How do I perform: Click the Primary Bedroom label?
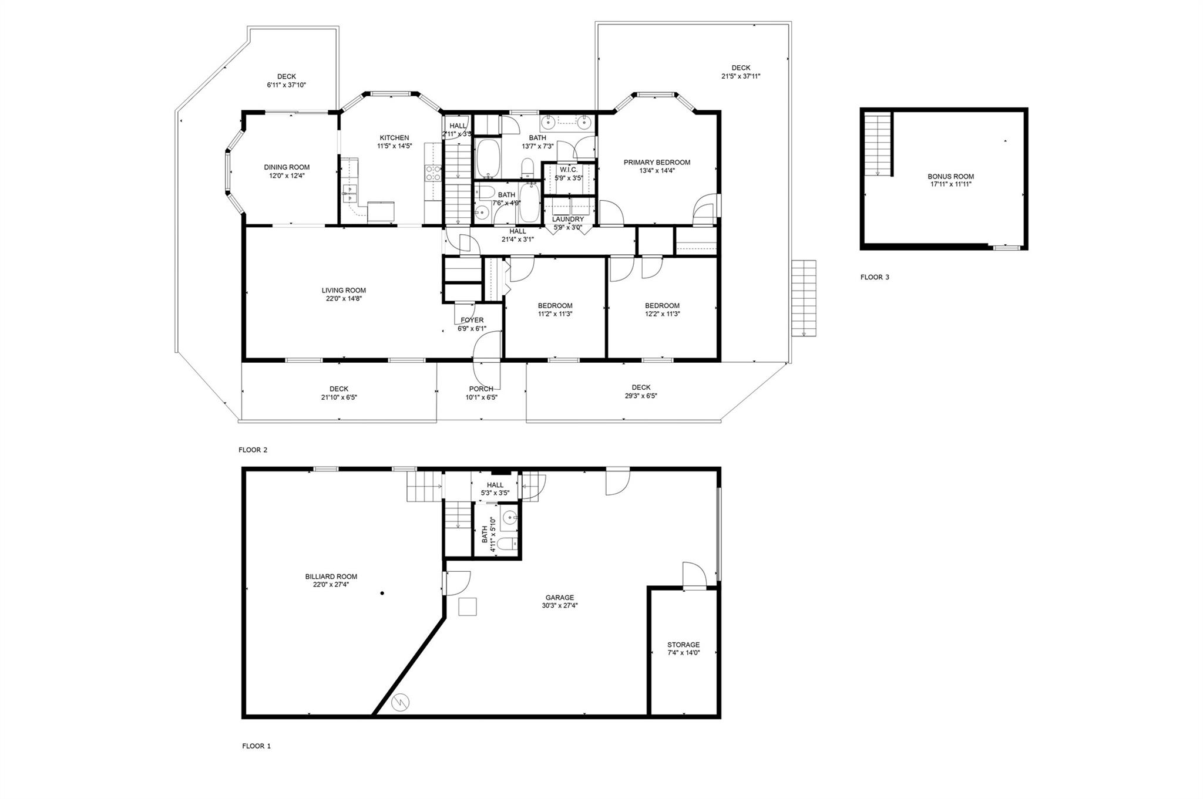pyautogui.click(x=657, y=163)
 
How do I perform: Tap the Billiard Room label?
pyautogui.click(x=331, y=577)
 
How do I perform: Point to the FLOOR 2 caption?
pyautogui.click(x=253, y=450)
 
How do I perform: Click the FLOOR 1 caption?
pyautogui.click(x=257, y=746)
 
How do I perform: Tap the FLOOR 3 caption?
pyautogui.click(x=875, y=277)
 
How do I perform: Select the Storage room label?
pyautogui.click(x=684, y=645)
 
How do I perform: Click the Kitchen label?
pyautogui.click(x=394, y=138)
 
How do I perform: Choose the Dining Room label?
pyautogui.click(x=287, y=167)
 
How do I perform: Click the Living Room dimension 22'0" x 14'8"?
pyautogui.click(x=344, y=298)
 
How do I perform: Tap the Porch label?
pyautogui.click(x=481, y=389)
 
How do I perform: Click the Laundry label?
pyautogui.click(x=568, y=220)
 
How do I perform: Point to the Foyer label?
pyautogui.click(x=472, y=320)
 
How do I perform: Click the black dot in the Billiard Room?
pyautogui.click(x=382, y=594)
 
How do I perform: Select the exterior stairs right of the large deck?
pyautogui.click(x=804, y=298)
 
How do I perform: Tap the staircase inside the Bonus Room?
pyautogui.click(x=878, y=144)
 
